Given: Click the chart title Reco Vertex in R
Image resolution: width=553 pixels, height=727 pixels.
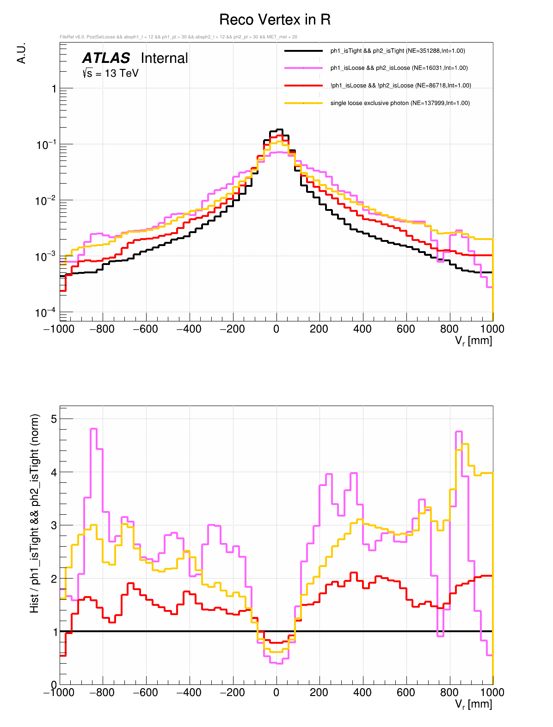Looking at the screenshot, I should (275, 20).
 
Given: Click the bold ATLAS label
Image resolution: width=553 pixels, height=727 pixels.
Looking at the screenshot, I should (106, 58).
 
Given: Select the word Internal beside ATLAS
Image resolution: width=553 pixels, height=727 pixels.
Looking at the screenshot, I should (164, 58).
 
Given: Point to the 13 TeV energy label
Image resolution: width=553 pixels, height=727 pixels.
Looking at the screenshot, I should (111, 73).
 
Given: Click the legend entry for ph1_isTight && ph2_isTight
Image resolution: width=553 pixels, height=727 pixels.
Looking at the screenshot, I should (398, 51).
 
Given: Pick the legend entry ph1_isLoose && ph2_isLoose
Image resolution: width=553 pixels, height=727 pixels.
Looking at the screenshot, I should (399, 68).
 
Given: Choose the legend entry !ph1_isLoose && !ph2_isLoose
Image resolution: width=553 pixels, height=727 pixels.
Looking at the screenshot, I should (400, 86).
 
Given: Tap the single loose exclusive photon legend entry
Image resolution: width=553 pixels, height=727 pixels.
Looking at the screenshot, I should (399, 103).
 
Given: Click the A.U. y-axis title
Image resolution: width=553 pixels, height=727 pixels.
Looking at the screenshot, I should (21, 53).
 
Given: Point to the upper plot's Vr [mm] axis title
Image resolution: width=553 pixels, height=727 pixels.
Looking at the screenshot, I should (473, 341).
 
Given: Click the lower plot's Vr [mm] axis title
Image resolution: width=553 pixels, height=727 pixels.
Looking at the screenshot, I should (473, 704).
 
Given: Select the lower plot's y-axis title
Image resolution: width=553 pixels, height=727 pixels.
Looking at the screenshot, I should (35, 513).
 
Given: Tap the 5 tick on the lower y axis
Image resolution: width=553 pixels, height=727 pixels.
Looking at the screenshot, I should (54, 419).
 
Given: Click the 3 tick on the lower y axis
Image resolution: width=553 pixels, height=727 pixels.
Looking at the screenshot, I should (54, 525).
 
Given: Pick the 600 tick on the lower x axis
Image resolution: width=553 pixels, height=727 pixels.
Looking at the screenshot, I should (406, 692).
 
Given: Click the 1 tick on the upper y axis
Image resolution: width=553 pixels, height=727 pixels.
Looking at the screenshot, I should (54, 89).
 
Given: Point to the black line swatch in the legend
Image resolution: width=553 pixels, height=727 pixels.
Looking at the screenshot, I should (303, 51).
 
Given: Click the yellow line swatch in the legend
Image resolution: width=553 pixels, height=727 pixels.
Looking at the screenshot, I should (303, 103).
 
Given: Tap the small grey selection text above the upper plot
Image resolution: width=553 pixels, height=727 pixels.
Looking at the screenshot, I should (178, 37).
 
